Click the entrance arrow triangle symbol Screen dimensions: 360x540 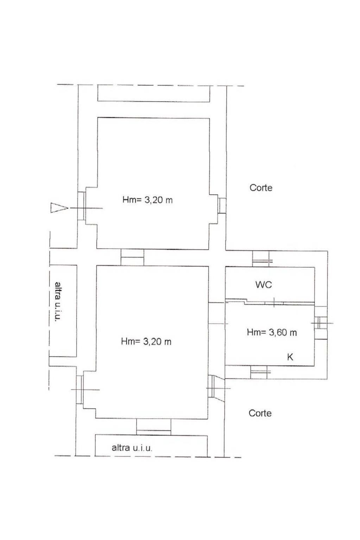click(x=58, y=208)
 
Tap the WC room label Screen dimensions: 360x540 click(x=263, y=285)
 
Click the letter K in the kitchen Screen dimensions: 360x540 click(x=290, y=357)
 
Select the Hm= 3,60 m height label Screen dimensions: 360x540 click(x=272, y=332)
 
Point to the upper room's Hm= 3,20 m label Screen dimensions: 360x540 click(x=147, y=200)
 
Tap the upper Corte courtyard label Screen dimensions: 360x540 click(x=261, y=188)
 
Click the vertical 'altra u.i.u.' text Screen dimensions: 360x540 click(x=57, y=302)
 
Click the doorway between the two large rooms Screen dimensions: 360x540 click(x=132, y=257)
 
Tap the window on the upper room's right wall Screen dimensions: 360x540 click(x=222, y=205)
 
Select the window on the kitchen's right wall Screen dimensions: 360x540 click(x=321, y=323)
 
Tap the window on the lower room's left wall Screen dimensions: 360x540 click(x=80, y=389)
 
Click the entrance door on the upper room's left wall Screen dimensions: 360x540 click(x=82, y=206)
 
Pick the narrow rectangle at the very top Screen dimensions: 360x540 click(x=153, y=93)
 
